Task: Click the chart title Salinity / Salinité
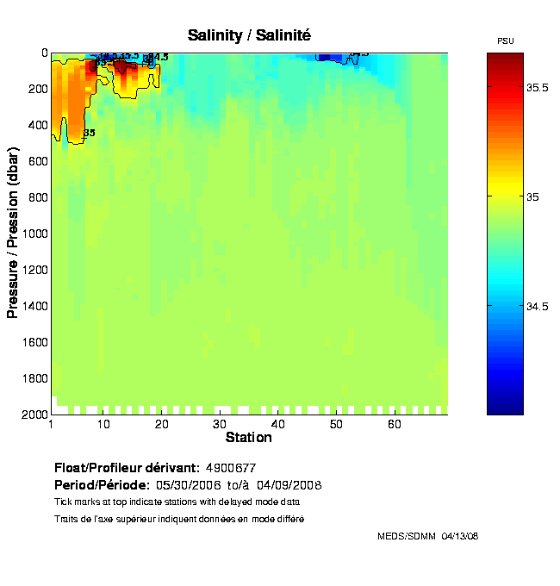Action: (x=249, y=34)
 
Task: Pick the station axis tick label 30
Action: (x=220, y=425)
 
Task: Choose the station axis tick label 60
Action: (x=395, y=425)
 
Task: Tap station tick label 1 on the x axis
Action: (x=52, y=425)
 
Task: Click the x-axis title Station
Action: (x=248, y=438)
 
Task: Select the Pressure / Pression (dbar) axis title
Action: (x=13, y=234)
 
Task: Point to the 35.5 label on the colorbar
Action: (x=538, y=88)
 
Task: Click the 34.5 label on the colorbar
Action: (x=538, y=306)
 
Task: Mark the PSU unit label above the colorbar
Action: (x=506, y=41)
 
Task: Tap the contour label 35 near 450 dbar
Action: (x=89, y=133)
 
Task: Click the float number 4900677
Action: (x=230, y=468)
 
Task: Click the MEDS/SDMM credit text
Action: (x=407, y=536)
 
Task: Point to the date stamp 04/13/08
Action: (x=460, y=536)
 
